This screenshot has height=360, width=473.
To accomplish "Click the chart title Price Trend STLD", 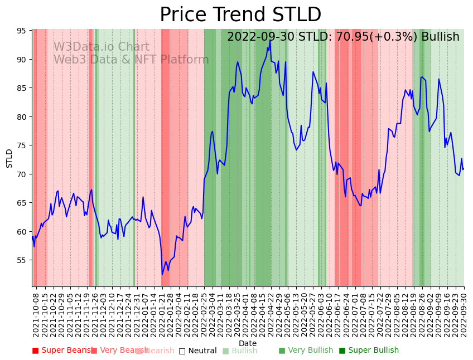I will pos(240,15).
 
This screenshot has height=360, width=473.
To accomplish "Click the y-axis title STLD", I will pos(9,158).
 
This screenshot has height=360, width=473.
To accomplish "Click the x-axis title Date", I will pos(248,343).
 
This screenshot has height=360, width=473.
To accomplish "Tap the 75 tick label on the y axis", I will pos(22,145).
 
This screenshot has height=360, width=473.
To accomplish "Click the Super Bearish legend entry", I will pos(62,351).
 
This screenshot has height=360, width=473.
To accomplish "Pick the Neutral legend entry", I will pos(197,351).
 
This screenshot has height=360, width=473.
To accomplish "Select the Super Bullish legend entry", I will pos(369,351).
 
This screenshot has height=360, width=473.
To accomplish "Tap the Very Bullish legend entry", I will pos(306,351).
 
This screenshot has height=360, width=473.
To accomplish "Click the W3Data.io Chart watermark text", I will pos(101,47).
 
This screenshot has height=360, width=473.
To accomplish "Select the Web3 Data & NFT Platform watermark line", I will pos(131,60).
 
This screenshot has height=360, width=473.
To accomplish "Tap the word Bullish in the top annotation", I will pos(440,37).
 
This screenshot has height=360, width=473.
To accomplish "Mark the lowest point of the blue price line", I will pos(162,274).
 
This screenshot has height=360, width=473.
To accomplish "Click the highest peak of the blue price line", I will pos(270,40).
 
